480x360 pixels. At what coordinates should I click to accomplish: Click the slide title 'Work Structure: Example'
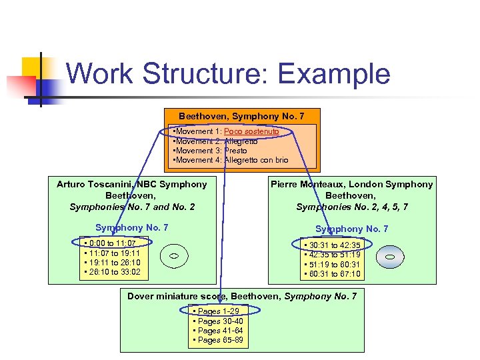(228, 73)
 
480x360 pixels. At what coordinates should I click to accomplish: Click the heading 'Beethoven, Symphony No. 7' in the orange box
(241, 117)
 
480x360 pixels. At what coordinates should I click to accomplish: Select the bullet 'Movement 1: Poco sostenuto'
(227, 132)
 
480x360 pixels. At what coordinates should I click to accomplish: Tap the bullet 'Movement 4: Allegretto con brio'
(231, 160)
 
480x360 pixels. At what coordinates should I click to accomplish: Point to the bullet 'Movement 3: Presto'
(211, 151)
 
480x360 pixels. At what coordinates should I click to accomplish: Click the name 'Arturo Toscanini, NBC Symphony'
(132, 184)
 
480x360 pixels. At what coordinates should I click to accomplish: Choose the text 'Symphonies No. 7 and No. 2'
(132, 207)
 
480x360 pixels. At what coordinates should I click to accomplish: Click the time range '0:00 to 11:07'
(111, 243)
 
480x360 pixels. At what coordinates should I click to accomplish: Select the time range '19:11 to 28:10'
(111, 263)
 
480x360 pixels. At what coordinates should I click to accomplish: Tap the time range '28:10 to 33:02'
(111, 272)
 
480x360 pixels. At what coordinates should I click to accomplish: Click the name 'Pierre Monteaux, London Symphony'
(351, 184)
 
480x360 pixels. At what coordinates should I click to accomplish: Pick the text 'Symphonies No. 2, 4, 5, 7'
(351, 207)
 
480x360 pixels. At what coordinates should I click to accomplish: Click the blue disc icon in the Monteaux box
(391, 257)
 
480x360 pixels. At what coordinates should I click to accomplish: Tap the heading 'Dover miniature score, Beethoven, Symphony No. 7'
(242, 296)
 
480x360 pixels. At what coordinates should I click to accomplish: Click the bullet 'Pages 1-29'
(216, 311)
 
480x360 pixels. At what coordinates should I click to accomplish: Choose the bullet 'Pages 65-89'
(218, 340)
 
